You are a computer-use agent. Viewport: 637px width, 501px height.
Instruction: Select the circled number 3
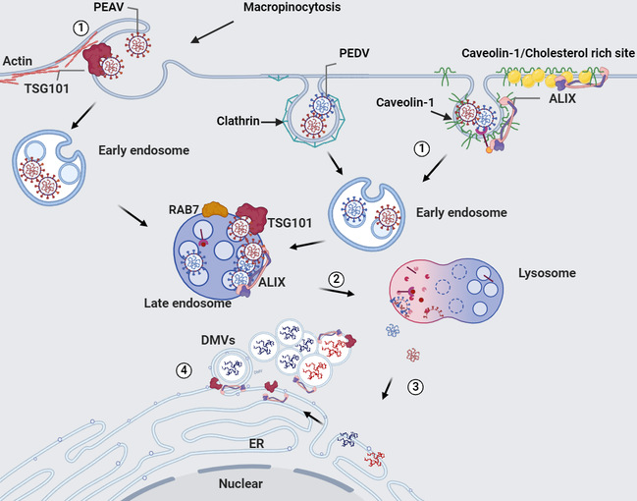click(x=415, y=385)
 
